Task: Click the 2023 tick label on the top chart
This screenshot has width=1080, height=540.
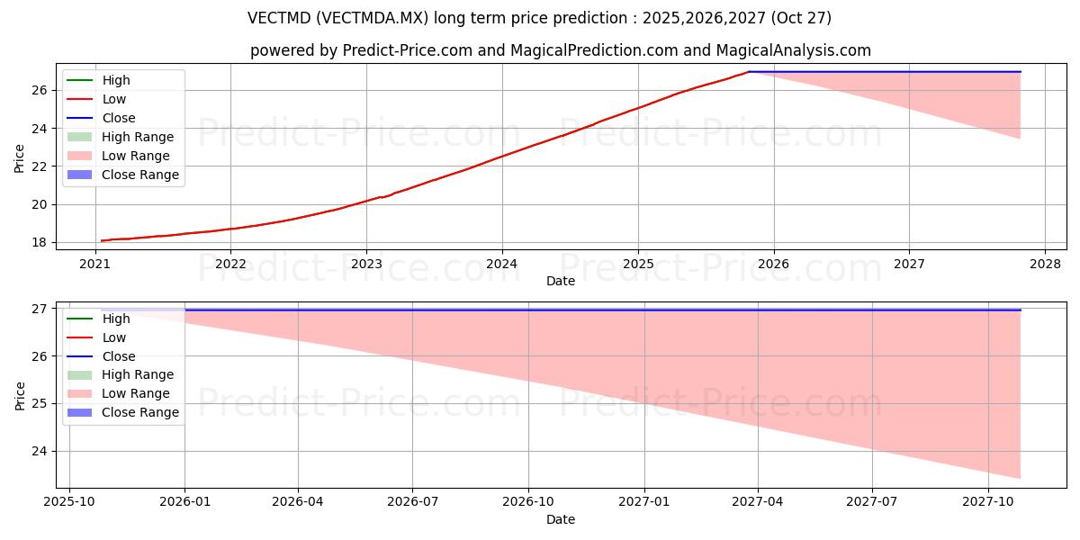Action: coord(366,264)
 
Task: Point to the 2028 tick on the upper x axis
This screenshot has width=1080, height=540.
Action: coord(1045,264)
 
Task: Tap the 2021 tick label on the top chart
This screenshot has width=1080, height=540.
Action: coord(94,264)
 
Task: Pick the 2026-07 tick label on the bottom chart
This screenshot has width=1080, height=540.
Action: coord(412,502)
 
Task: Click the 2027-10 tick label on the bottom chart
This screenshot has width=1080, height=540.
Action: coord(988,502)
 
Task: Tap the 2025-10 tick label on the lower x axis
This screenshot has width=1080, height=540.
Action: coord(69,502)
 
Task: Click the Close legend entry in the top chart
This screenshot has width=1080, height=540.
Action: coord(119,118)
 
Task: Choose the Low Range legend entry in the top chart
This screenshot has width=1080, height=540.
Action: coord(135,156)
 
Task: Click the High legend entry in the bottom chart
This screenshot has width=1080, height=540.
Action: coord(116,319)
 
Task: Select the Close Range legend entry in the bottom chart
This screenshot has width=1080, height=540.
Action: coord(139,412)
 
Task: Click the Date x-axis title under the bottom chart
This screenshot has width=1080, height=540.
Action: coord(561,519)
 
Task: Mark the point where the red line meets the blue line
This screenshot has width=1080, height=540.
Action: coord(749,71)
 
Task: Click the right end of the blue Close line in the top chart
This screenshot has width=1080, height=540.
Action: coord(1021,71)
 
